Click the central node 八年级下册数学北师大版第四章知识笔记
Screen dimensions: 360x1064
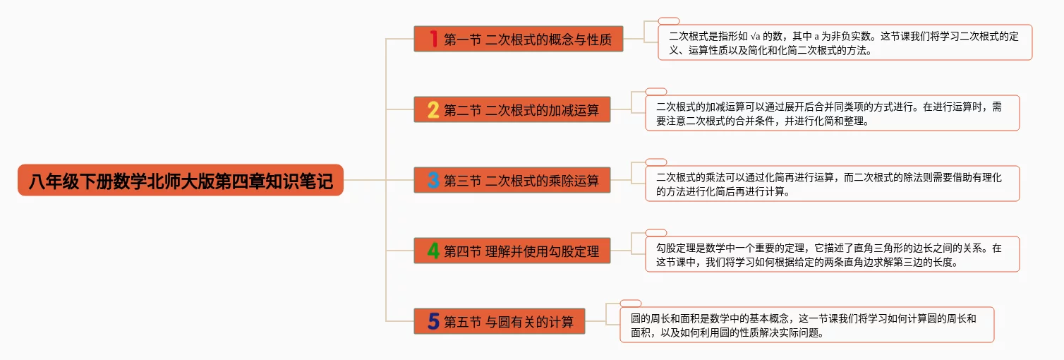pyautogui.click(x=181, y=180)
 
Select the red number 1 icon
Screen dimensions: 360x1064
pyautogui.click(x=433, y=39)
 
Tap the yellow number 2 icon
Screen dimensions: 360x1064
pyautogui.click(x=433, y=109)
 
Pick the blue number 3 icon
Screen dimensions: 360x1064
pyautogui.click(x=433, y=180)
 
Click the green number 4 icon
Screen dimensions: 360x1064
pyautogui.click(x=433, y=251)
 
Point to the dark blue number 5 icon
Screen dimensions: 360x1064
pyautogui.click(x=433, y=322)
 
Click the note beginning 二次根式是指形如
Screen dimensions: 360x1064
pyautogui.click(x=845, y=42)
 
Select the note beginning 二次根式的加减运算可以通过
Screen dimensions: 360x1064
pyautogui.click(x=832, y=113)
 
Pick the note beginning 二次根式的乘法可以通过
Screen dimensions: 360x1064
pyautogui.click(x=832, y=184)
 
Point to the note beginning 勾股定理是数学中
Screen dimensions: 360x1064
pyautogui.click(x=832, y=254)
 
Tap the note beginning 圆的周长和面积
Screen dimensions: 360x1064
pyautogui.click(x=806, y=325)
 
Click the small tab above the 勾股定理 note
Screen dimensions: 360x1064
pyautogui.click(x=656, y=233)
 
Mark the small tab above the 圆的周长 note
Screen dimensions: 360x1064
pyautogui.click(x=631, y=304)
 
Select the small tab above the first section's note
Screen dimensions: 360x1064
pyautogui.click(x=669, y=21)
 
